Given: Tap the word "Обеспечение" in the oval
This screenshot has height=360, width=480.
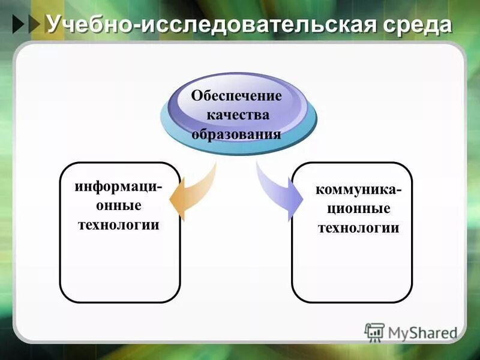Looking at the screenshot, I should (x=236, y=96).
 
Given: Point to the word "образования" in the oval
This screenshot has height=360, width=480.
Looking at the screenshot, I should (x=236, y=133).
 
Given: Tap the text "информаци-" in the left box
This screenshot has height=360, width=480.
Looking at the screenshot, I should (x=118, y=187).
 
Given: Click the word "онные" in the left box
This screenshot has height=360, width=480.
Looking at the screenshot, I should (x=119, y=206).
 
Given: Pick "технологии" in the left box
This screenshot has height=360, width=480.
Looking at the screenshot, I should (x=119, y=225).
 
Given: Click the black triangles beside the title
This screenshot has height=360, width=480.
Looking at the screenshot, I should (x=26, y=25).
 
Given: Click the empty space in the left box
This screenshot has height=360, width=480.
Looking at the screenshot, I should (x=119, y=267).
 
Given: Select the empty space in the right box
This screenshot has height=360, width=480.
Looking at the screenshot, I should (x=352, y=270).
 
